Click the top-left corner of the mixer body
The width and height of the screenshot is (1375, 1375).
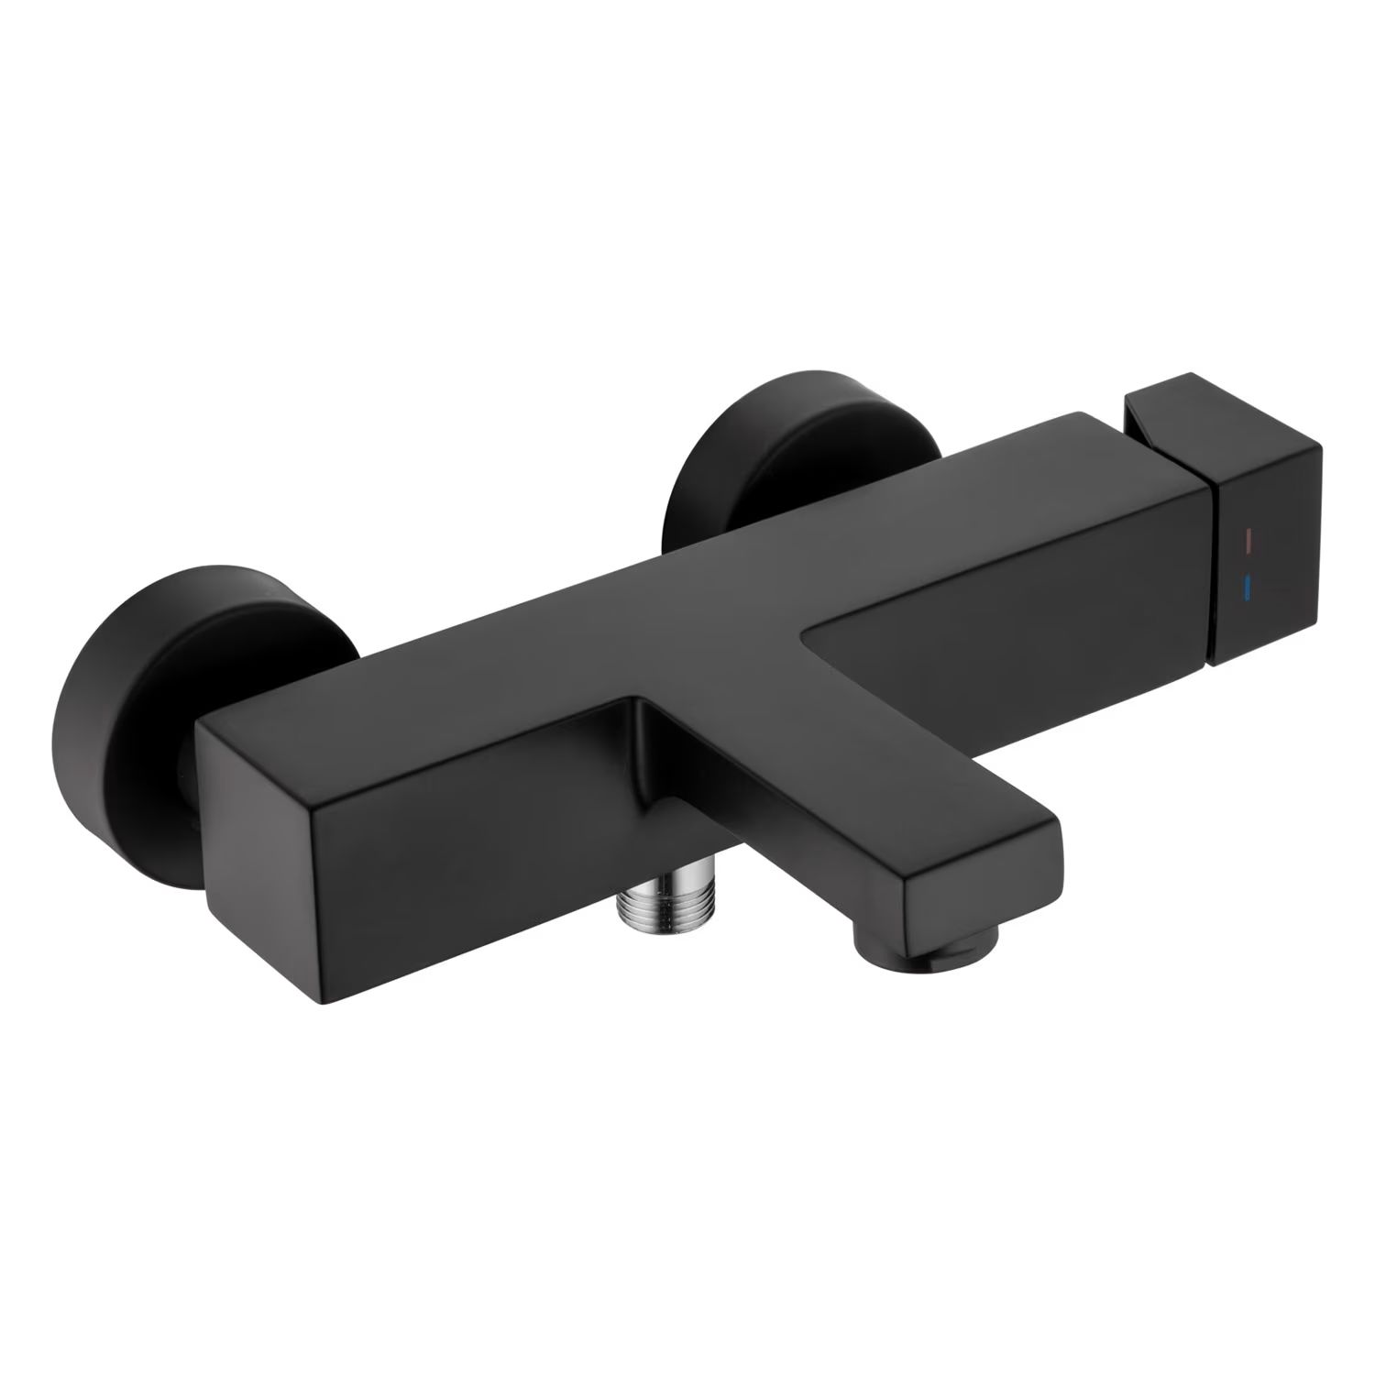coord(198,724)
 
